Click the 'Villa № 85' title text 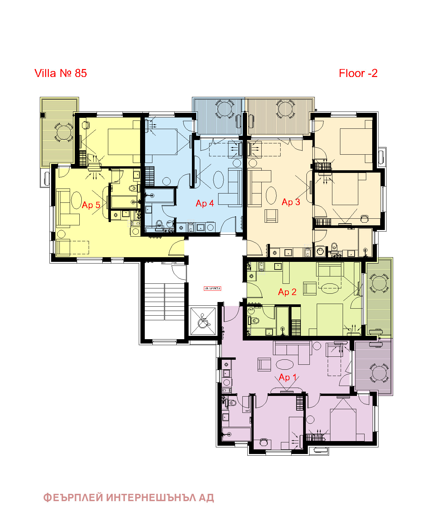(x=60, y=73)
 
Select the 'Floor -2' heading (x=358, y=73)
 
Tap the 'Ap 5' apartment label (x=91, y=205)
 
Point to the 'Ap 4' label (x=205, y=203)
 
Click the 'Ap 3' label (x=291, y=202)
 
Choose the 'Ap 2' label (x=287, y=292)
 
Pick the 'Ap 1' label (x=288, y=377)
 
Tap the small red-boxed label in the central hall (x=212, y=288)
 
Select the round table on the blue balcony (x=224, y=109)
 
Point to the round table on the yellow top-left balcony (x=63, y=132)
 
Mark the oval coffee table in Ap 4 (x=218, y=179)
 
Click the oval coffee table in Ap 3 (x=271, y=195)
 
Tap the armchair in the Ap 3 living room (x=271, y=216)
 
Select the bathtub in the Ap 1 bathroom (x=236, y=434)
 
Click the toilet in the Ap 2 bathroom (x=254, y=321)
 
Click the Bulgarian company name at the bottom (x=128, y=497)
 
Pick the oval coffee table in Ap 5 (x=76, y=200)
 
